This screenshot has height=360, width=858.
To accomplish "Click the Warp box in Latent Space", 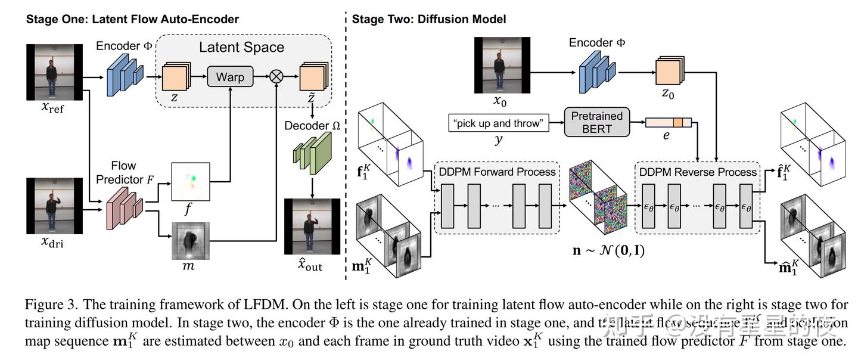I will pos(230,77).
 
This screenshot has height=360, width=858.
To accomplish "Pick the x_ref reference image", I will pos(54,70).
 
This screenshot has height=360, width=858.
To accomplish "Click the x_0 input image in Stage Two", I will pos(501,64).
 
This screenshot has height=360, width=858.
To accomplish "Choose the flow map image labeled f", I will pos(191,182).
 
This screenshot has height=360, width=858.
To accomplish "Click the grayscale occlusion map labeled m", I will pos(191,241).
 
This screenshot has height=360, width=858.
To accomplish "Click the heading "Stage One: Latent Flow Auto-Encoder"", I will pos(132,19).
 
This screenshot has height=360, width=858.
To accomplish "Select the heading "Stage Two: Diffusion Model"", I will pos(429,19).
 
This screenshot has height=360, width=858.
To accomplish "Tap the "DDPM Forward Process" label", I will pos(497,172).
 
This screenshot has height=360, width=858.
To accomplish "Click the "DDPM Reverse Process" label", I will pos(698,172).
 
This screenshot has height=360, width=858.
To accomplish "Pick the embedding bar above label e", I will pos(668,123).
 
